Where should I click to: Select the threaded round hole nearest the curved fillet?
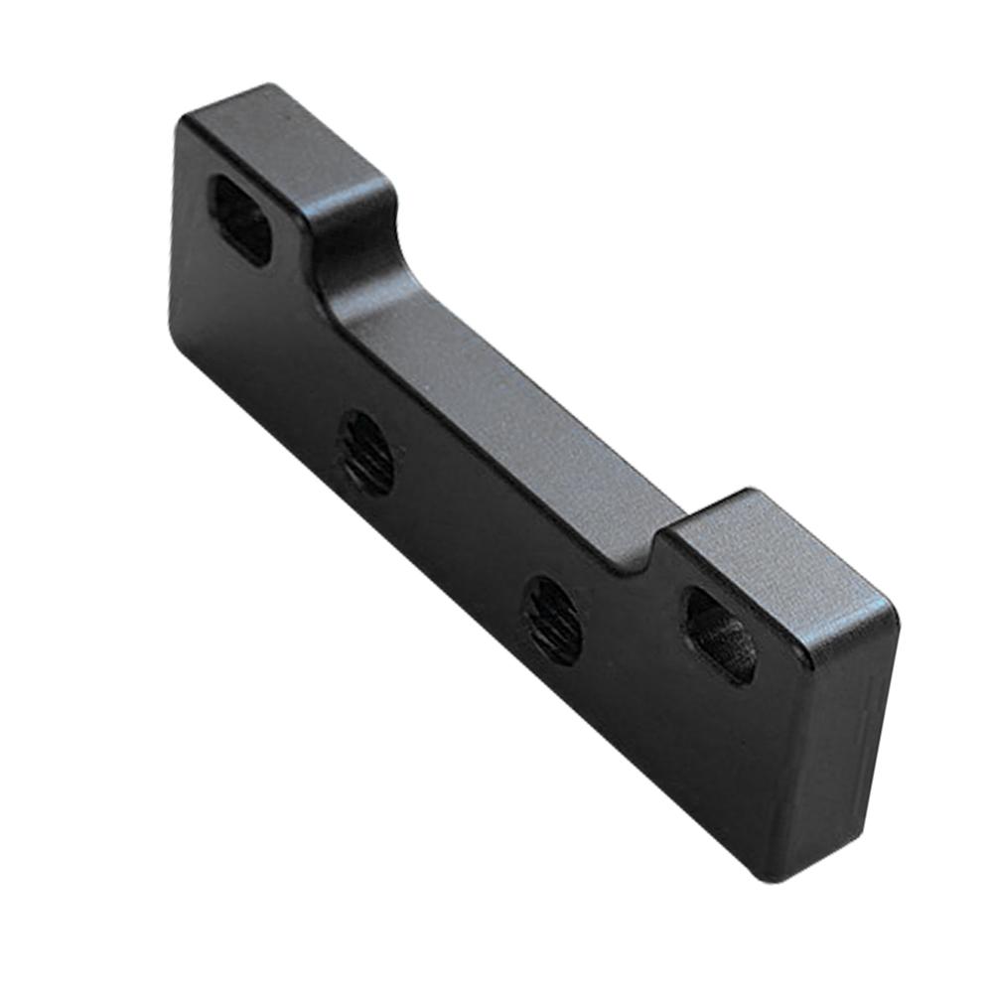pyautogui.click(x=365, y=453)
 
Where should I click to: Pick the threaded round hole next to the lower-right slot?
pyautogui.click(x=553, y=620)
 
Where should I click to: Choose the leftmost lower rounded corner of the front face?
pyautogui.click(x=179, y=338)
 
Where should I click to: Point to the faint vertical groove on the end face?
pyautogui.click(x=866, y=725)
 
